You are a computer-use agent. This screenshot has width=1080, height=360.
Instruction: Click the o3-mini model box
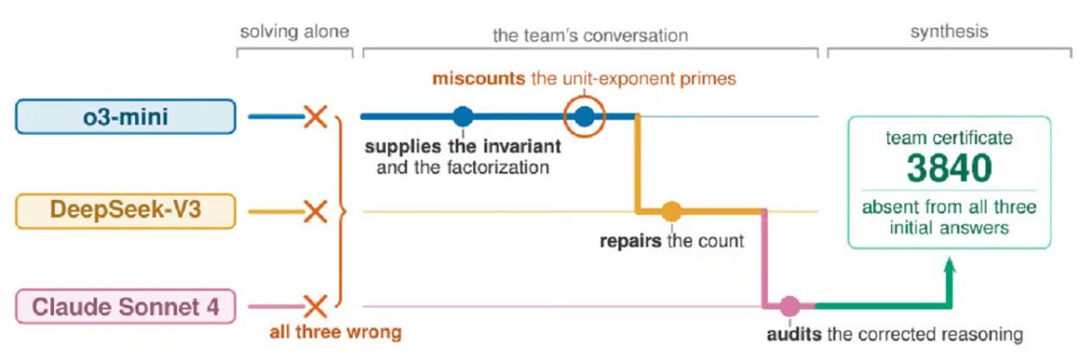coord(125,116)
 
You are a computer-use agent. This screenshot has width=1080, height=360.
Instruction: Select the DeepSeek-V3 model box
coord(125,211)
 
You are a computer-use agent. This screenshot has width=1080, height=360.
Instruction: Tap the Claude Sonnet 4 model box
coord(125,306)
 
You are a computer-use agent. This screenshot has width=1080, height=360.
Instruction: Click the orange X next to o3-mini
coord(315,117)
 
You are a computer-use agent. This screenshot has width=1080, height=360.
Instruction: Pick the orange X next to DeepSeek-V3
coord(315,211)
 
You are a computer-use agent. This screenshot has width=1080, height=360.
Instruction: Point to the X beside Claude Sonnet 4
coord(315,306)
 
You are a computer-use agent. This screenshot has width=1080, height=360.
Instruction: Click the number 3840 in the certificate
coord(949,168)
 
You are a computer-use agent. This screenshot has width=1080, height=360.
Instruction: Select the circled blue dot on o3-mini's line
coord(584,117)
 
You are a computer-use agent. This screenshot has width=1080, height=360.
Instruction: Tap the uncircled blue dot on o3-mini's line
coord(463,117)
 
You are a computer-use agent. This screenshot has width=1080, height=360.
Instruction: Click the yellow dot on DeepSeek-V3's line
coord(671,211)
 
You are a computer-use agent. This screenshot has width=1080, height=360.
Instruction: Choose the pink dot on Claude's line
coord(789,306)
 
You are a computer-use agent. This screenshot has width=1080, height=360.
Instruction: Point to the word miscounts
coord(478,78)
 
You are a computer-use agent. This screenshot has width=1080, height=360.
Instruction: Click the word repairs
coord(630,240)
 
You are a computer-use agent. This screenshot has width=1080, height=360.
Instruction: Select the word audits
coord(794,334)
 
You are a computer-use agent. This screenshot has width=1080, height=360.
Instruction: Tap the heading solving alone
coord(294,31)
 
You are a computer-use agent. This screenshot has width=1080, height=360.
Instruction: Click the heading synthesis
coord(949,31)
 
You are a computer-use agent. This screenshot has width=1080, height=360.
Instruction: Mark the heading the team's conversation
coord(590,35)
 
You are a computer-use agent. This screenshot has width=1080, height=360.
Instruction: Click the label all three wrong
coord(336,332)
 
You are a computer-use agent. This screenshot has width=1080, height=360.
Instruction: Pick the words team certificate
coord(949,138)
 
